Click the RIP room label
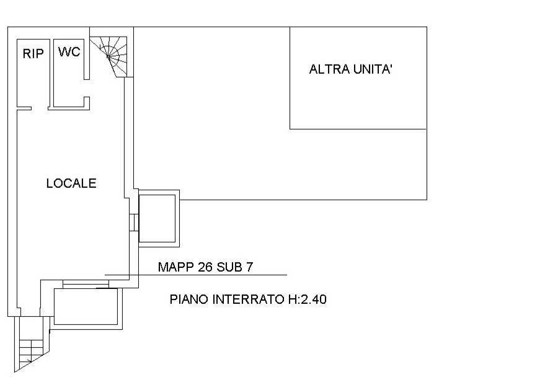coord(33,54)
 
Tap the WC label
coord(69,52)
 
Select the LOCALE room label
coord(71,184)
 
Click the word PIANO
coord(189,300)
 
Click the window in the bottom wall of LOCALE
coord(85,285)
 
